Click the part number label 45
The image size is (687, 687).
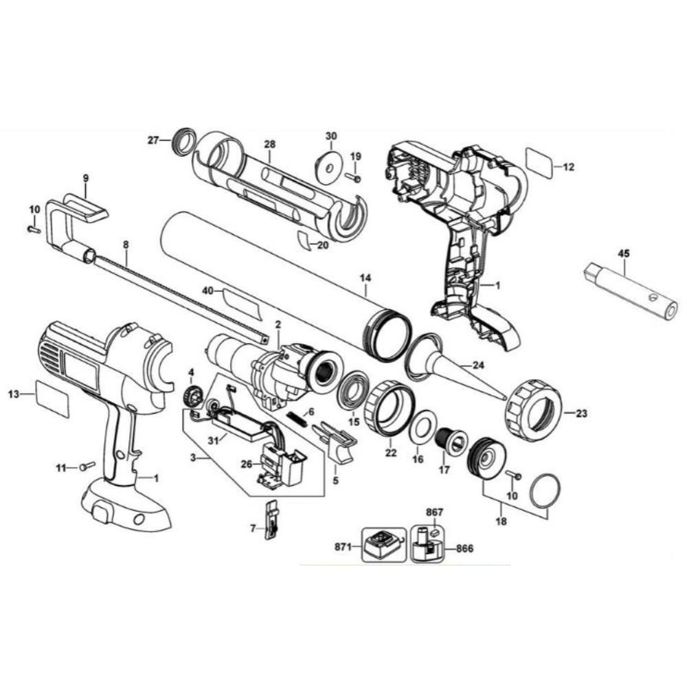coord(624,253)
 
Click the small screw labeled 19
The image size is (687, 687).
coord(354,177)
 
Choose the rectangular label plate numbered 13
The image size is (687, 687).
coord(52,398)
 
